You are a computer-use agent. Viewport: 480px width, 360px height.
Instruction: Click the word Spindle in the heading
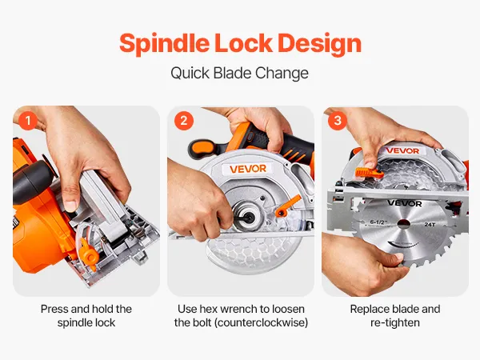coord(164,43)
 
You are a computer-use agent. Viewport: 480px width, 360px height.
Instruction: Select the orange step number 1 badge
coord(28,121)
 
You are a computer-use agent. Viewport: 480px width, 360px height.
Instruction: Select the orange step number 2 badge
coord(184,121)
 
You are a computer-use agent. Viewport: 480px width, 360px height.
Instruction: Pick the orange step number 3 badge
coord(338,121)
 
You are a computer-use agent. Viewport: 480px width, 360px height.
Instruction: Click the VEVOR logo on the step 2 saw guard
coord(248,169)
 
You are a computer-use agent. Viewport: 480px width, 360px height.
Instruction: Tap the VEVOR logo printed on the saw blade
coord(404,203)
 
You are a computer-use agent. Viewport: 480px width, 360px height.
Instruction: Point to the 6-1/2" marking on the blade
coord(378,222)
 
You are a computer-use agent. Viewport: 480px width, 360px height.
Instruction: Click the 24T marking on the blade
coord(430,224)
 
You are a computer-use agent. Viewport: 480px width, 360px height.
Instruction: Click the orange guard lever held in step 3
coord(369,174)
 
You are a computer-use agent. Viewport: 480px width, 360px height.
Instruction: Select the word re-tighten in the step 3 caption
coord(395,322)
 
